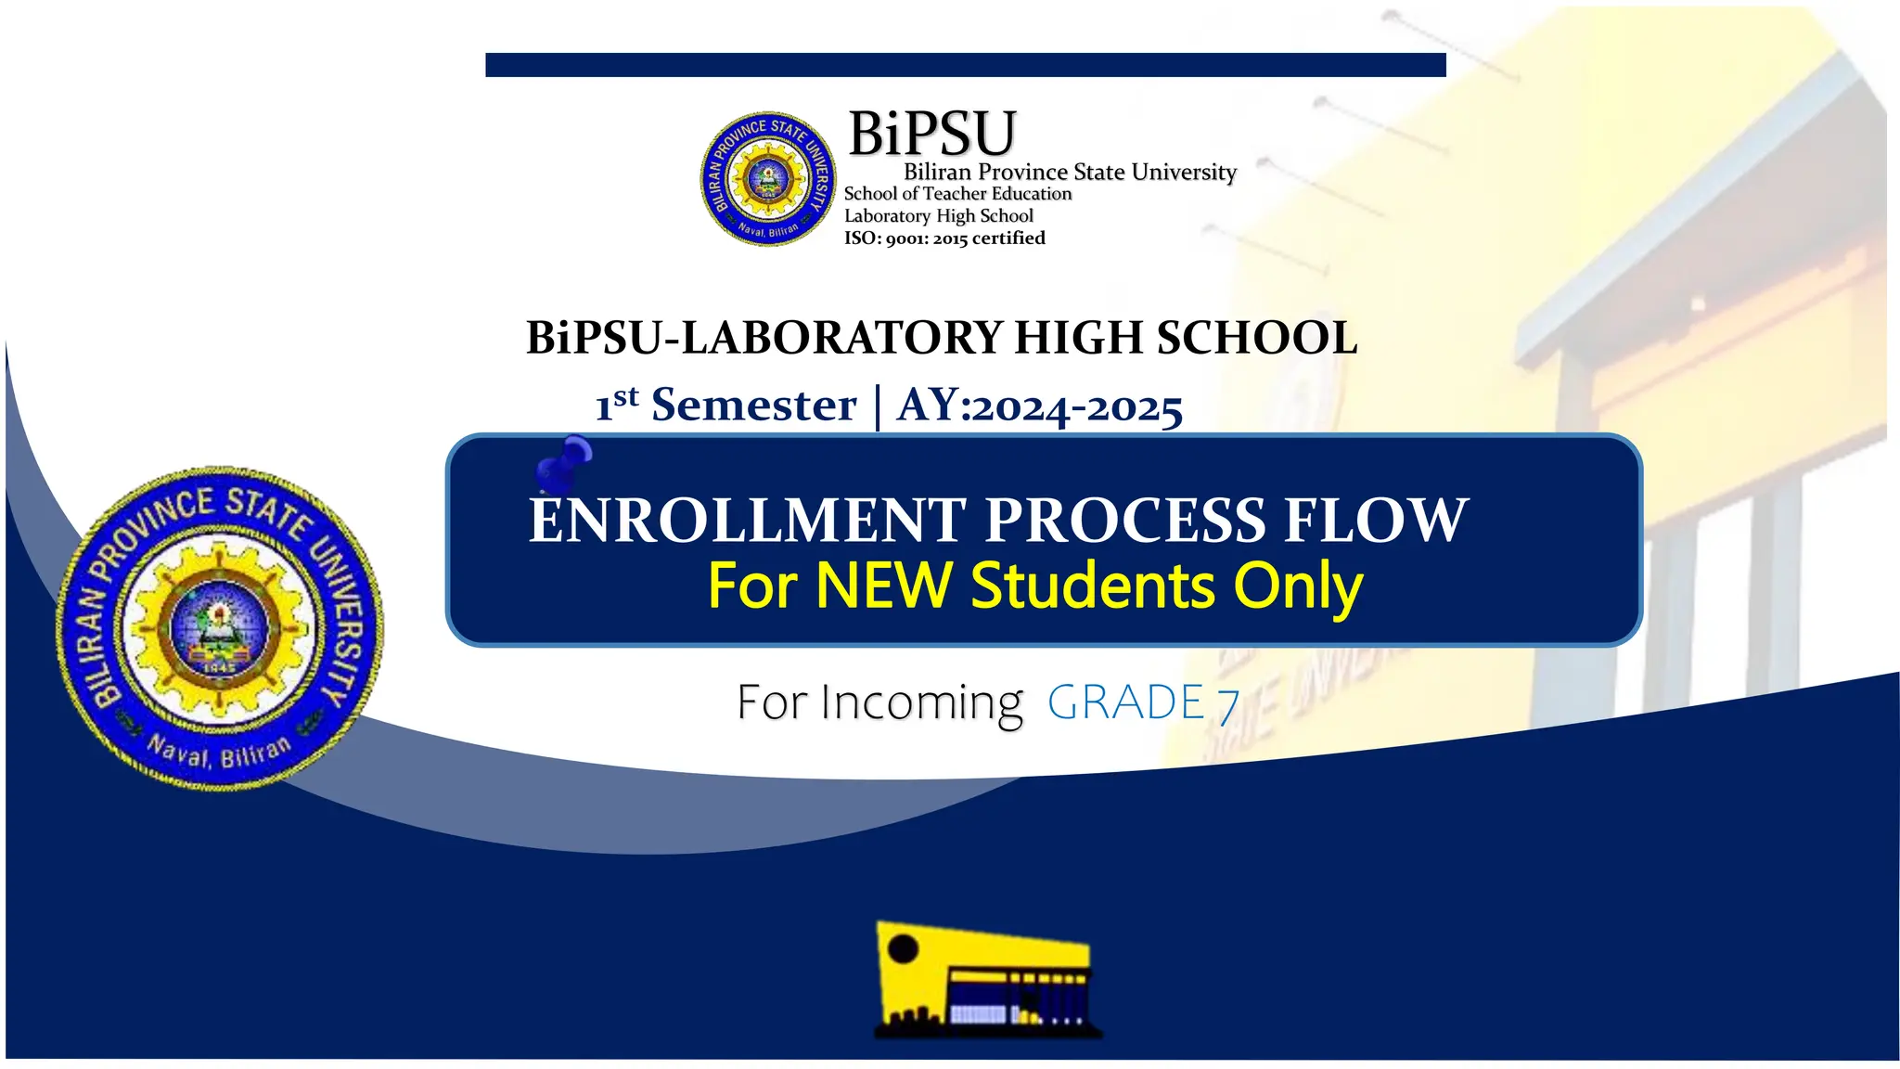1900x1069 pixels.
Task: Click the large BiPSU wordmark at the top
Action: coord(931,134)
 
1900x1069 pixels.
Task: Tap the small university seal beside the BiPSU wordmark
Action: coord(767,178)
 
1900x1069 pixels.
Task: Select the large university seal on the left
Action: coord(219,628)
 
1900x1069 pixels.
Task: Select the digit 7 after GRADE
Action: coord(1228,705)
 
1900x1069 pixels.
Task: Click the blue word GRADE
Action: coord(1125,702)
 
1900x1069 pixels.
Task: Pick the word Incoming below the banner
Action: coord(921,703)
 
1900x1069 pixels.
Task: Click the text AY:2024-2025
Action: coord(1040,406)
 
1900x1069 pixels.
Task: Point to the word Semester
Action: coord(753,406)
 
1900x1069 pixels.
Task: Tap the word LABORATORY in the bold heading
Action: coord(841,338)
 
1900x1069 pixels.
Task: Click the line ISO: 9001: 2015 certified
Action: coord(944,238)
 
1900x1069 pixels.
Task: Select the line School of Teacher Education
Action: coord(957,194)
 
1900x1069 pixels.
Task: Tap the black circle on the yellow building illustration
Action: coord(903,949)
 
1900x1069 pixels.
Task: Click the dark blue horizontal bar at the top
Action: coord(965,65)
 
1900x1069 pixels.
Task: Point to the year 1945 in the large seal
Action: coord(219,666)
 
